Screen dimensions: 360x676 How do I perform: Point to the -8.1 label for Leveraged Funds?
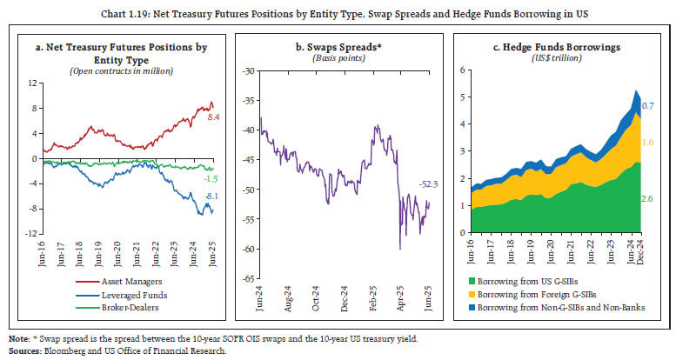[x=211, y=197]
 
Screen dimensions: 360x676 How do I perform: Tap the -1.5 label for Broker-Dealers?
[x=211, y=178]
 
